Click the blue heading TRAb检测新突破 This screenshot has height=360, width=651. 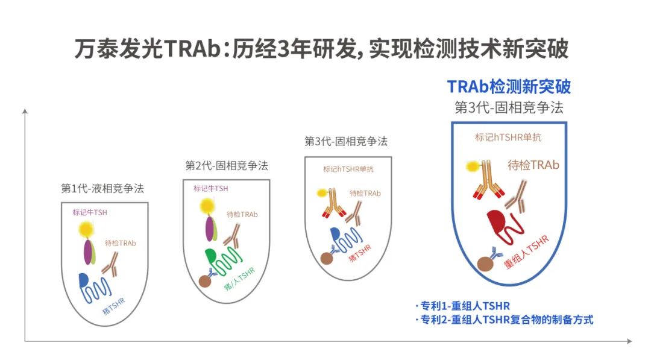click(509, 86)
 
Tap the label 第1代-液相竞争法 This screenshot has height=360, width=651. click(102, 188)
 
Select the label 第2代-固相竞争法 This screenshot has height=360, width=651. click(226, 166)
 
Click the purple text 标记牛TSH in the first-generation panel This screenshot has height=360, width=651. click(90, 212)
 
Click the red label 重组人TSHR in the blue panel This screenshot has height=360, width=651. click(526, 254)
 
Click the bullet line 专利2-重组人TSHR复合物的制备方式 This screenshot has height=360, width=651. click(504, 320)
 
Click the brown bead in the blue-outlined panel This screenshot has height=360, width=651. click(485, 264)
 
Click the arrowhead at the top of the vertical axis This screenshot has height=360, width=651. click(25, 112)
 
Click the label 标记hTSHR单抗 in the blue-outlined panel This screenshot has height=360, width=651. click(508, 137)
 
